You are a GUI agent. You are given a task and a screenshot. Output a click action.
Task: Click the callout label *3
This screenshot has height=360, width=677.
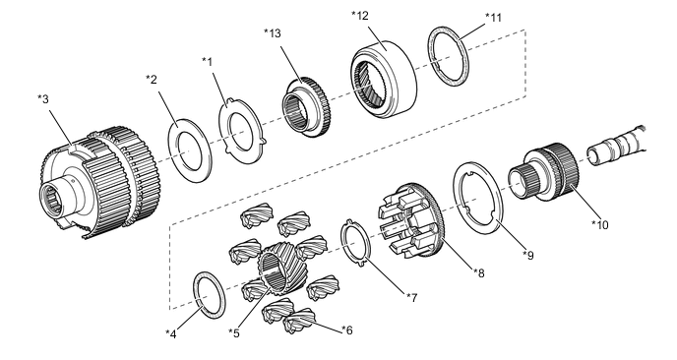tap(43, 98)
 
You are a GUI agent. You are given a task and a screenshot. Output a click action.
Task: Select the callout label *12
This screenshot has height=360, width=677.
tap(360, 16)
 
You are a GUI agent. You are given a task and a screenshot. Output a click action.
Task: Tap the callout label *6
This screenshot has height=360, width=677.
tap(347, 330)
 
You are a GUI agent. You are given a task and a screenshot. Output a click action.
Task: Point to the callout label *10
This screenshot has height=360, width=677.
tap(600, 224)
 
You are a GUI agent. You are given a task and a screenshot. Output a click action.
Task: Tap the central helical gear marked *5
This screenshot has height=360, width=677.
tap(276, 269)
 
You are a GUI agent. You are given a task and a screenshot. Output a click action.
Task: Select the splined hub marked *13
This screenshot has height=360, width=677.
tap(304, 107)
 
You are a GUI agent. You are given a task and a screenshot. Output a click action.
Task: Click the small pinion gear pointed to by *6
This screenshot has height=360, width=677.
tap(299, 321)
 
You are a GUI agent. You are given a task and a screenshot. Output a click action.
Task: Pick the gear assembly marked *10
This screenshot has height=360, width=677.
tap(545, 173)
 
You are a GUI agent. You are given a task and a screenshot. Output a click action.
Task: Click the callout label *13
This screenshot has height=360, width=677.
tap(273, 33)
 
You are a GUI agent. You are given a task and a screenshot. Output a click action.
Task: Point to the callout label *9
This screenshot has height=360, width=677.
tap(528, 256)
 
